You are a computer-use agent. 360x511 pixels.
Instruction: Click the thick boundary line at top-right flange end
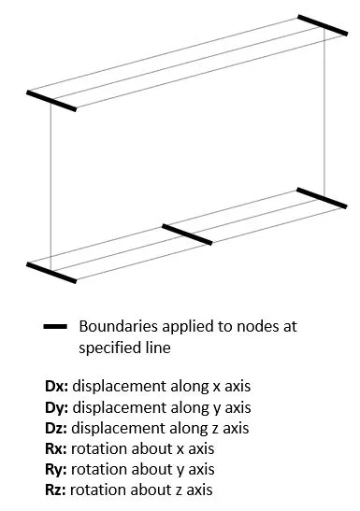pos(323,25)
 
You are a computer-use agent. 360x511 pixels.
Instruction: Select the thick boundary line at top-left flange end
pos(51,101)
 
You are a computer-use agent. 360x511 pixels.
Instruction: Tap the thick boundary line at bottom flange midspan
pos(187,234)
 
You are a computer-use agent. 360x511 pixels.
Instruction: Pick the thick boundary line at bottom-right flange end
pos(322,198)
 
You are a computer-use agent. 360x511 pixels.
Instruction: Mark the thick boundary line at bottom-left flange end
pos(51,273)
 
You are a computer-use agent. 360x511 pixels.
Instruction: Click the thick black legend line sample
pos(55,326)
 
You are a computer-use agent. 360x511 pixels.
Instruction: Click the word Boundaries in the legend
pos(119,326)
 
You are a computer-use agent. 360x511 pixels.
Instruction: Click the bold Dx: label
pos(57,386)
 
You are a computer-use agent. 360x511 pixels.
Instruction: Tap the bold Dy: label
pos(57,408)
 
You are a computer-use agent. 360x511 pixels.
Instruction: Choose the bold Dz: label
pos(56,428)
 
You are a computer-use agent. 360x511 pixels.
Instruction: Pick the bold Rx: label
pos(56,448)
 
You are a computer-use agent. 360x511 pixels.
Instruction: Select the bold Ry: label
pos(56,470)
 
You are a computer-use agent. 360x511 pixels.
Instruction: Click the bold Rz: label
pos(56,490)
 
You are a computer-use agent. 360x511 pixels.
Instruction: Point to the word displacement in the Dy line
pos(120,408)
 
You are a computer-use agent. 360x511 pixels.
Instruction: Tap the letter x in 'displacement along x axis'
pos(217,387)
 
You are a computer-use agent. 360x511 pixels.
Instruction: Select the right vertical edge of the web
pos(324,111)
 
